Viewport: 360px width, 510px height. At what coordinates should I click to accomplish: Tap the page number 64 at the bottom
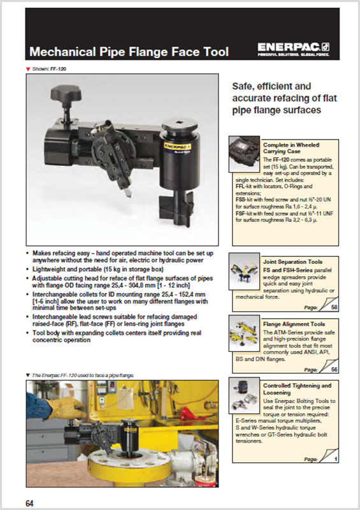tap(29, 502)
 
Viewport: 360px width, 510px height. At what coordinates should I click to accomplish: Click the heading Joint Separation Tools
tap(293, 261)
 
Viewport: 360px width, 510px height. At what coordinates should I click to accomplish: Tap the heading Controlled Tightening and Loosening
tap(297, 390)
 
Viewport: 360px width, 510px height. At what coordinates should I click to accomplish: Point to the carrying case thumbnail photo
tap(245, 154)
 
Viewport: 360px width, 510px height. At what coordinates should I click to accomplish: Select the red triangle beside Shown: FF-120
tap(27, 67)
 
